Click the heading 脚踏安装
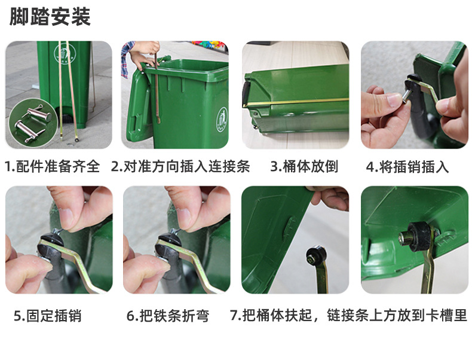(x=50, y=17)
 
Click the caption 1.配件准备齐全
(x=53, y=166)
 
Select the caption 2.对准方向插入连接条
(x=180, y=166)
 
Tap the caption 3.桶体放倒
(x=304, y=166)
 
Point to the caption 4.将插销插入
(x=407, y=167)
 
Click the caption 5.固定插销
(x=48, y=316)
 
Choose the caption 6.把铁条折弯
(x=168, y=316)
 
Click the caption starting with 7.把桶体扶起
(x=348, y=315)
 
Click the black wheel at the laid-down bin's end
(x=246, y=93)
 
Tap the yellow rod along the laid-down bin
(x=296, y=102)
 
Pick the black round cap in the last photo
(x=415, y=236)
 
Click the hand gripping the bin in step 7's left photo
(x=329, y=197)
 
